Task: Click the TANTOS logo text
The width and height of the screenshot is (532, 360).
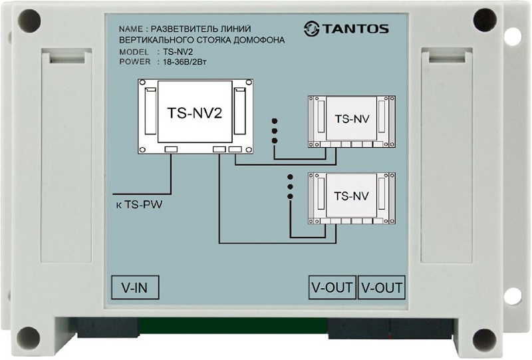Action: pyautogui.click(x=355, y=29)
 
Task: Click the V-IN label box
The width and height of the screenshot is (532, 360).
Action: pyautogui.click(x=135, y=287)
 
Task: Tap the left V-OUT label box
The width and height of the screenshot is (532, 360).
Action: pyautogui.click(x=332, y=287)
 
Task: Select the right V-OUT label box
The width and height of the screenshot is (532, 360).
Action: pyautogui.click(x=382, y=287)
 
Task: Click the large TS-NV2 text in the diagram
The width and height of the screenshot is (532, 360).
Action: pyautogui.click(x=195, y=113)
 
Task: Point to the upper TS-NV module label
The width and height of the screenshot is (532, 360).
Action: pyautogui.click(x=352, y=119)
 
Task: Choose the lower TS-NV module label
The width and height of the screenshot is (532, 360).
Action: pyautogui.click(x=352, y=196)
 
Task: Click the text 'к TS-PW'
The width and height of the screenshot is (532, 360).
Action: pyautogui.click(x=139, y=204)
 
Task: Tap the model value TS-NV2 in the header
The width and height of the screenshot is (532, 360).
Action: pyautogui.click(x=178, y=52)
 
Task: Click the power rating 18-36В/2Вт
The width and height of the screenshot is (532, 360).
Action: pyautogui.click(x=185, y=62)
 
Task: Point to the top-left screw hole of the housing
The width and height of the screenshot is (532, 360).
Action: pyautogui.click(x=29, y=21)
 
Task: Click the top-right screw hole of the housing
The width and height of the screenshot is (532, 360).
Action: pyautogui.click(x=485, y=19)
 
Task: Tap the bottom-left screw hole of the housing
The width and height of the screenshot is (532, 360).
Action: pyautogui.click(x=28, y=338)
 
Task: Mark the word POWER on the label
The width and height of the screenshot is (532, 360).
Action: pyautogui.click(x=135, y=62)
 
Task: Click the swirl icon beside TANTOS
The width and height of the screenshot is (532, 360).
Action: pyautogui.click(x=311, y=29)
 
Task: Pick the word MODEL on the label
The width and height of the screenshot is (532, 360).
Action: pyautogui.click(x=134, y=52)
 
